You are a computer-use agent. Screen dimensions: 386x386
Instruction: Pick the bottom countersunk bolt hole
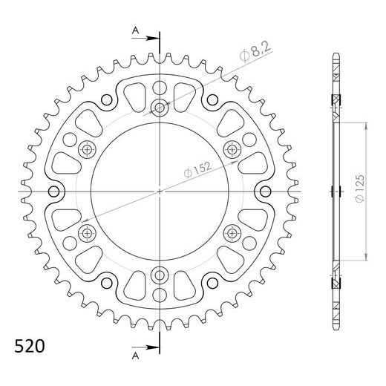(x=160, y=276)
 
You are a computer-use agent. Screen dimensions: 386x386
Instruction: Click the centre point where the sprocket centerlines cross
(x=160, y=192)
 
